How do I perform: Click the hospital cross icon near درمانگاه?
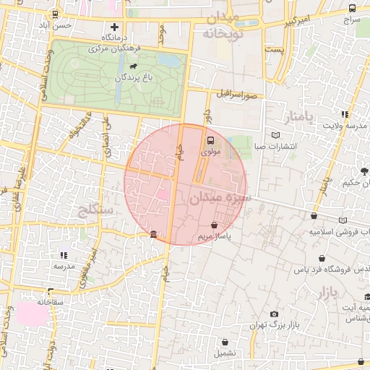coord(113,27)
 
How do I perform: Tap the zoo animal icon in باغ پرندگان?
coord(134,66)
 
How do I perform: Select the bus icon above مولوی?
coord(210,141)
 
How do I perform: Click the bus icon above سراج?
coord(352,9)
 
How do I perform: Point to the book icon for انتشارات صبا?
coord(275,135)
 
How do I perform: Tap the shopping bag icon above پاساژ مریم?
coord(215,225)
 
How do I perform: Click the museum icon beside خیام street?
coord(154,233)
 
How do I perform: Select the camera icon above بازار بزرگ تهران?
coord(274,314)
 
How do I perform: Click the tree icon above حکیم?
coord(363,171)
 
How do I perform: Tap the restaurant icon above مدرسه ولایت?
coord(345,113)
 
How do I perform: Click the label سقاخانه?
coord(51,301)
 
